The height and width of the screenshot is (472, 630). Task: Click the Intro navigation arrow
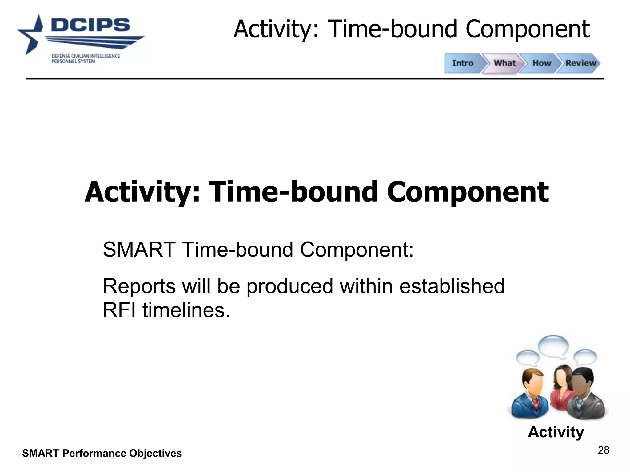462,63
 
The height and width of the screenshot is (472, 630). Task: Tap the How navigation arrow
541,63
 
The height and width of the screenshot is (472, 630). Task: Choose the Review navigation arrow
580,63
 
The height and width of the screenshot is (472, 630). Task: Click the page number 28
603,450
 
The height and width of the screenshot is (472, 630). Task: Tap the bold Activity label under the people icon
556,432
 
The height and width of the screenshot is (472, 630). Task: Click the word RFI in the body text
119,310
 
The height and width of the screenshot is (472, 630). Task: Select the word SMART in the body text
139,250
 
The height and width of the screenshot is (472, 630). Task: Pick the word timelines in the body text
186,310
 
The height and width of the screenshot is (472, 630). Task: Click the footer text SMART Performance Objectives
102,453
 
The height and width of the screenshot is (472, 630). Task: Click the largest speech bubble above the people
553,346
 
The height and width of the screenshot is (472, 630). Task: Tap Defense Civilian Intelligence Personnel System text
86,59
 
